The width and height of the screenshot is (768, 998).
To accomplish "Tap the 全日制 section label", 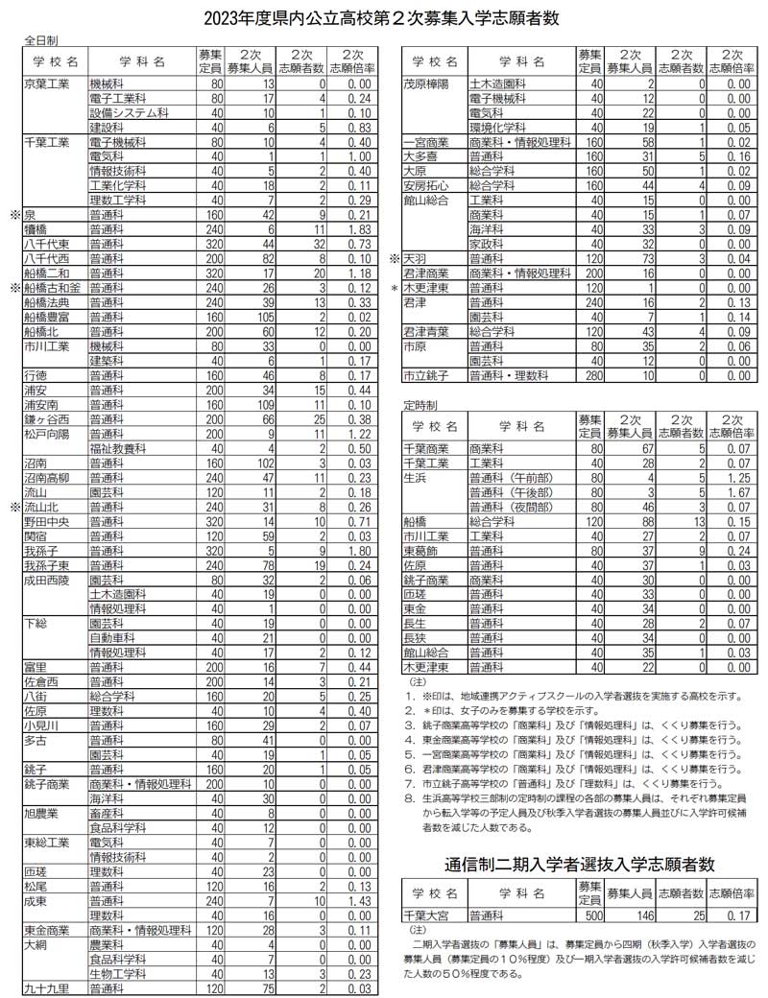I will point(40,41).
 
